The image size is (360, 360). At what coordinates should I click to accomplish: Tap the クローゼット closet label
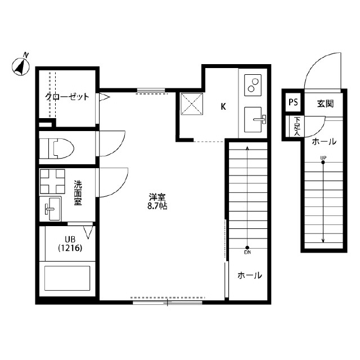coord(67,97)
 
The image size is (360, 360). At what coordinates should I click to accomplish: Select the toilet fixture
coord(56,148)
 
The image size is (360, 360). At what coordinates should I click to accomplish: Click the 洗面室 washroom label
coord(78,192)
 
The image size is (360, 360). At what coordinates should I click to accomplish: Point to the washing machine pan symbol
coord(52,181)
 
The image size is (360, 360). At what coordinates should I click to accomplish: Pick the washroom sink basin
coord(50,209)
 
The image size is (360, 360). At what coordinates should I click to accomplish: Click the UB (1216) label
coord(70,244)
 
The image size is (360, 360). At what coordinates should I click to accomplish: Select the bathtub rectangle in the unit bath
coord(67,278)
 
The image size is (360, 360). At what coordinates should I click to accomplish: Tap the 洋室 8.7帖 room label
coord(157,201)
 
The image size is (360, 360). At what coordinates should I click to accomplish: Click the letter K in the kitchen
coord(223,106)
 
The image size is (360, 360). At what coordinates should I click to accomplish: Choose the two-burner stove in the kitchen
coord(253,85)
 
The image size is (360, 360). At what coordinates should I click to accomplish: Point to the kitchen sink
coord(254,119)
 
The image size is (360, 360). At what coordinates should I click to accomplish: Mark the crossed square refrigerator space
coord(192,103)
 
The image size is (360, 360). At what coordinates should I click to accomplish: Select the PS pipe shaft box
coord(293,102)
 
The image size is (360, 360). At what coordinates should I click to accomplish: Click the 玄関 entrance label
coord(325,103)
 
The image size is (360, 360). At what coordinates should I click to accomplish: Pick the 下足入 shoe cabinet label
coord(297,126)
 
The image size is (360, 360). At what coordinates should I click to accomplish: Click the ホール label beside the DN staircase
coord(250,275)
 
